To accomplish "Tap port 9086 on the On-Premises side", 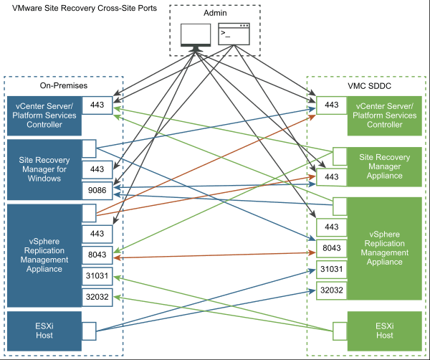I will [x=97, y=191].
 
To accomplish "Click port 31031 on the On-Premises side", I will [x=97, y=276].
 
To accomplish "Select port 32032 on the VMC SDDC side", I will [x=331, y=290].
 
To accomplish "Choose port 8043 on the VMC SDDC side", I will [x=331, y=248].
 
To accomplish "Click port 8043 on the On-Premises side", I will [x=97, y=255].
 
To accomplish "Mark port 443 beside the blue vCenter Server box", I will [x=97, y=105].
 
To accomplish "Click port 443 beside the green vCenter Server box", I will [x=331, y=105].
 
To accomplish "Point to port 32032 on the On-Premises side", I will [x=97, y=297].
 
